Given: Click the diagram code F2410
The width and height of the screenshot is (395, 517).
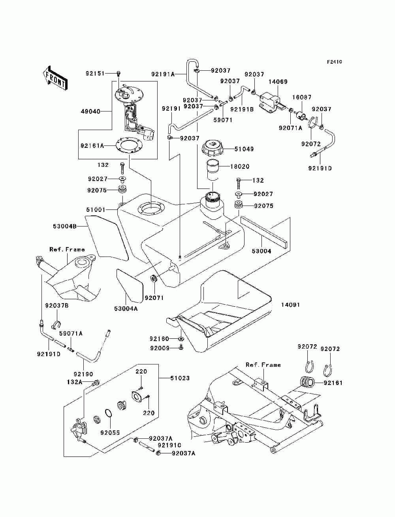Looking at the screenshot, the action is (x=334, y=62).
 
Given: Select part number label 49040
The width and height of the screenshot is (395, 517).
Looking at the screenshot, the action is (x=90, y=111).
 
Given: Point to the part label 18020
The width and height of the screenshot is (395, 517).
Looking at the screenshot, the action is (x=240, y=166).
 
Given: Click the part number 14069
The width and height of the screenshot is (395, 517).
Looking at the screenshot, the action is (x=278, y=82).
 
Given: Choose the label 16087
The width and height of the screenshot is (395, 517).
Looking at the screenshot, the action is (x=302, y=97).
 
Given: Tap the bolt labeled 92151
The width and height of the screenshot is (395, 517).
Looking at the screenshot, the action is (x=118, y=74).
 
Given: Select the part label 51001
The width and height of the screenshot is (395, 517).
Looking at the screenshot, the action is (x=96, y=209).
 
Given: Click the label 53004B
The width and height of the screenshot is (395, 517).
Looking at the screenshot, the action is (x=65, y=226).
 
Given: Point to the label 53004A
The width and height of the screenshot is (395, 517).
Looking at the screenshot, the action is (x=126, y=308).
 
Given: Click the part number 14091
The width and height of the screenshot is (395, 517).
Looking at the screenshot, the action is (x=290, y=305).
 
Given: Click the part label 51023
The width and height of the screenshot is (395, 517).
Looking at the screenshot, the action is (x=180, y=378).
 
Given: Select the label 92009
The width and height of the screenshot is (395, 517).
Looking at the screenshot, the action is (x=160, y=348).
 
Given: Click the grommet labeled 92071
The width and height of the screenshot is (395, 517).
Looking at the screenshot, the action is (x=154, y=279).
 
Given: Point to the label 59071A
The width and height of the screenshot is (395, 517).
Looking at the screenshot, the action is (x=71, y=333).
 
